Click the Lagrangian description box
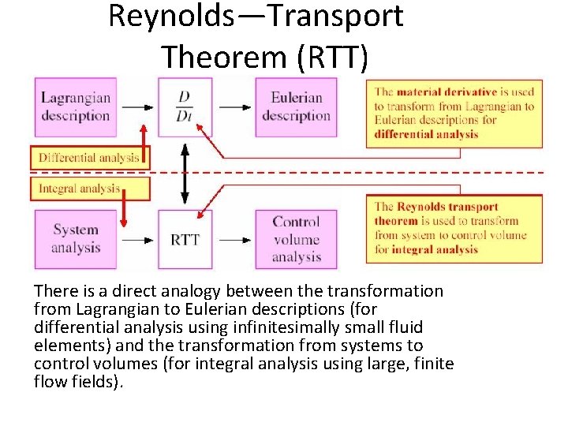point(75,107)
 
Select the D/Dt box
point(185,107)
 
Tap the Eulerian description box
point(296,107)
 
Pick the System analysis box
point(76,238)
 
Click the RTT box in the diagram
point(185,239)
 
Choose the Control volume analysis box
point(296,238)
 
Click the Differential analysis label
point(88,157)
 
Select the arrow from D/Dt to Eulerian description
point(234,107)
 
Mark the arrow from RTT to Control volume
point(234,238)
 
